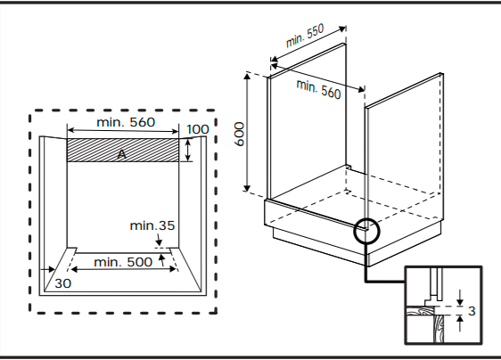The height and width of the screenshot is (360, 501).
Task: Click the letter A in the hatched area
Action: point(122,155)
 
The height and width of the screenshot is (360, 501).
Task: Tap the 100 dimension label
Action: point(198,129)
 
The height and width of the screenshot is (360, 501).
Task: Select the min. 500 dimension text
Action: point(123,262)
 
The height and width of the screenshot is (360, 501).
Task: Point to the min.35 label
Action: point(152,225)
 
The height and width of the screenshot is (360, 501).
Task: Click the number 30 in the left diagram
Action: point(63,283)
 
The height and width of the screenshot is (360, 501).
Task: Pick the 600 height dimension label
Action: point(239,135)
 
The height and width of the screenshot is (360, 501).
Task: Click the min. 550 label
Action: point(305,36)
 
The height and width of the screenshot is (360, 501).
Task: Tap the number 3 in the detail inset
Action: point(472,311)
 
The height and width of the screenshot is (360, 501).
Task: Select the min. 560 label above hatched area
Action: point(126,122)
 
